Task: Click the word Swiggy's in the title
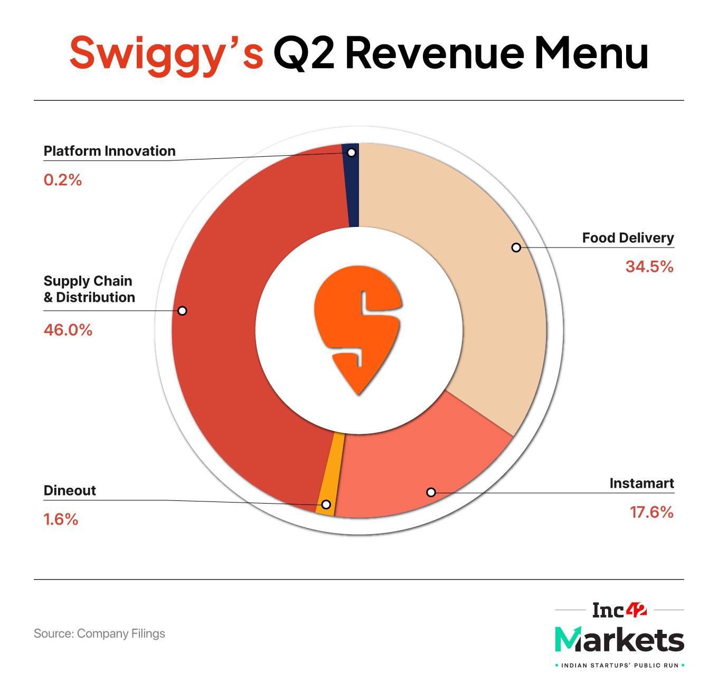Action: [x=166, y=53]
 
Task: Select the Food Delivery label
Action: [x=628, y=238]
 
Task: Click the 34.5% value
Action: [x=649, y=267]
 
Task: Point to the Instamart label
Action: [x=641, y=484]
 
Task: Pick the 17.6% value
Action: [x=651, y=513]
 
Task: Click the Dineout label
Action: [x=70, y=490]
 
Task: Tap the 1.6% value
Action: [x=61, y=520]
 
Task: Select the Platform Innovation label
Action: [x=109, y=151]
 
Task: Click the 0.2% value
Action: [x=63, y=181]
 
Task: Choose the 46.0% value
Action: [x=68, y=330]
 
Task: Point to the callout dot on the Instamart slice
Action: [x=431, y=492]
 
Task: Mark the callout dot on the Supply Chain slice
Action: [x=182, y=311]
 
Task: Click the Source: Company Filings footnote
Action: [x=99, y=633]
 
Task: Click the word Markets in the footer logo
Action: [x=619, y=640]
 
